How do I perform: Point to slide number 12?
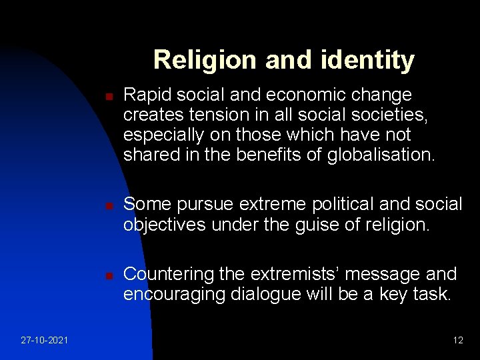pos(457,340)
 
